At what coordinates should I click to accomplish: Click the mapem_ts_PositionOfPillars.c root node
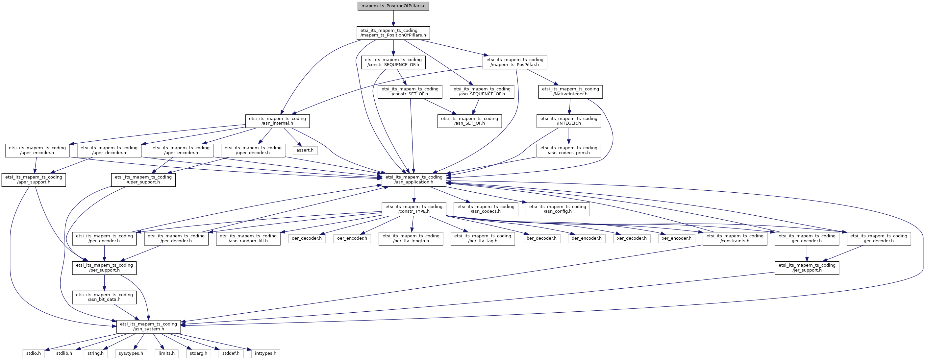[393, 6]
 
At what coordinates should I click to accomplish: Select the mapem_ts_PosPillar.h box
[514, 62]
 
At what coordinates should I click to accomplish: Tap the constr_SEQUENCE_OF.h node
[393, 62]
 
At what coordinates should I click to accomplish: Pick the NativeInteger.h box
[570, 91]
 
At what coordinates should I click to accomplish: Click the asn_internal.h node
[277, 121]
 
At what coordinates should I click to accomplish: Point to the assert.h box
[305, 150]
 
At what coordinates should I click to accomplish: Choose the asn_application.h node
[414, 180]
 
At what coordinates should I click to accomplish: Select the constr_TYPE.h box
[414, 209]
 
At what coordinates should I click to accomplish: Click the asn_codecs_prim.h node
[568, 150]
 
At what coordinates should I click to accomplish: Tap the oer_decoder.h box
[307, 238]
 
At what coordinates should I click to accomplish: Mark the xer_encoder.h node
[676, 238]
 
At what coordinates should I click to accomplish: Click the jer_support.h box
[807, 268]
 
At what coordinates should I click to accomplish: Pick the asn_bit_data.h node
[104, 297]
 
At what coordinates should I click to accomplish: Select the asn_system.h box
[148, 326]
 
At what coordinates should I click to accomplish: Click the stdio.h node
[34, 353]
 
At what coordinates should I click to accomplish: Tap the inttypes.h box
[265, 353]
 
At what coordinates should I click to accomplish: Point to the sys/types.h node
[131, 353]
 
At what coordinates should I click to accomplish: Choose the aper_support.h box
[34, 180]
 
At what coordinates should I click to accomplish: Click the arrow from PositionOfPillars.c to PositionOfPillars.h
[393, 18]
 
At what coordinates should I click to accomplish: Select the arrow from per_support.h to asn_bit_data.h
[104, 283]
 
